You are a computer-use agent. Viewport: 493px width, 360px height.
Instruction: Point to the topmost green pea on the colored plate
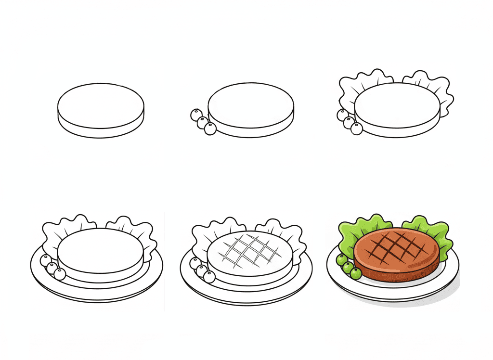[x=341, y=260]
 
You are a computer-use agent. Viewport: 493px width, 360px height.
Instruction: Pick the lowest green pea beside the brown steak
[x=356, y=273]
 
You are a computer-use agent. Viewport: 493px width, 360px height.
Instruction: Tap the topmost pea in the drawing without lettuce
[x=196, y=115]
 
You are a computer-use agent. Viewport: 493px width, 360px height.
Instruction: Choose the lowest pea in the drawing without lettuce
[x=210, y=129]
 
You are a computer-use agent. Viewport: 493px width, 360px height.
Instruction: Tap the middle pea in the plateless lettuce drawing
[x=349, y=122]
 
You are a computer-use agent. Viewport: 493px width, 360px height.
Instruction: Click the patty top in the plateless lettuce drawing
[x=397, y=105]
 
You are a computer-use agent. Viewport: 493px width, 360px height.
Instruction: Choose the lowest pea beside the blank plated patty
[x=60, y=274]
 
